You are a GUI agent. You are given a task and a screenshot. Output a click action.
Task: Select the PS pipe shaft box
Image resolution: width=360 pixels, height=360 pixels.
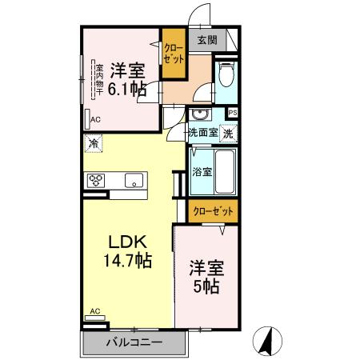point(233,113)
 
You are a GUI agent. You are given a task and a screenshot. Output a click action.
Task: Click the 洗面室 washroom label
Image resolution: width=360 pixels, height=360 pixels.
point(202,133)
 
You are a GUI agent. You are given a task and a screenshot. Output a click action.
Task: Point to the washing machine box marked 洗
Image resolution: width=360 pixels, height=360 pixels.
point(229,133)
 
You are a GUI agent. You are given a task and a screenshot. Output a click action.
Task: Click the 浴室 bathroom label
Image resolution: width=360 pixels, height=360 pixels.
point(202,171)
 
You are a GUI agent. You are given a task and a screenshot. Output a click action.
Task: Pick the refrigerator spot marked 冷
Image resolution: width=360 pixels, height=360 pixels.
point(94,145)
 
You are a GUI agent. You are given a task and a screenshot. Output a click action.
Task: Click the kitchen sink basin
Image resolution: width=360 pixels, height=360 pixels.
point(134,179)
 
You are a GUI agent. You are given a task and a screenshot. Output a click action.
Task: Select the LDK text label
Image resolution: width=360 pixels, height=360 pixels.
point(124,242)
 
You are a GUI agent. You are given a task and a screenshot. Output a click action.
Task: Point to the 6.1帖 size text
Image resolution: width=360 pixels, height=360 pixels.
point(127,89)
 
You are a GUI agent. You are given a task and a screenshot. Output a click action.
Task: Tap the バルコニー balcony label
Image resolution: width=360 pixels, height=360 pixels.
point(134,343)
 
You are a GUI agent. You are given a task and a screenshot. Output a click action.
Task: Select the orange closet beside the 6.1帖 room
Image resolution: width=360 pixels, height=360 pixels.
point(173,54)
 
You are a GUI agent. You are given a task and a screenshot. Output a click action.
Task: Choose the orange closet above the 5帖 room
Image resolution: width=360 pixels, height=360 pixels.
point(214,210)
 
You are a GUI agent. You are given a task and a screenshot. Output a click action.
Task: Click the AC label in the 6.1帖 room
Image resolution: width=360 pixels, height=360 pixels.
point(95,119)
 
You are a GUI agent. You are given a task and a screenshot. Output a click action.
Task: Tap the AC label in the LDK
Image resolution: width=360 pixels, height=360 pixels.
point(94,310)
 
